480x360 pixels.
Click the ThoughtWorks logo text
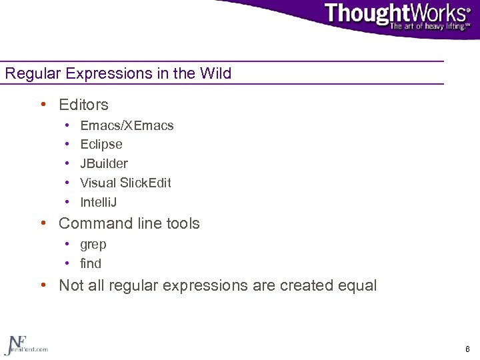[x=396, y=13]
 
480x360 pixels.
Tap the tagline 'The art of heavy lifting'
[x=430, y=27]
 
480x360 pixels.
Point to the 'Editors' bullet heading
[x=83, y=105]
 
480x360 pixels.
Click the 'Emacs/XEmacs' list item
[x=127, y=125]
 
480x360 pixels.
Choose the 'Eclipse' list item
[x=101, y=144]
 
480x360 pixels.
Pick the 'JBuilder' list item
[x=104, y=163]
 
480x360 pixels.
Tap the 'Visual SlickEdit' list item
[x=125, y=183]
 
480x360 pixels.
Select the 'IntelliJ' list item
[x=99, y=202]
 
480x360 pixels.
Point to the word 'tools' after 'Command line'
[x=181, y=223]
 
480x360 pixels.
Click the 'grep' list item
[x=93, y=245]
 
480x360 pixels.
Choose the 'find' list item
[x=91, y=263]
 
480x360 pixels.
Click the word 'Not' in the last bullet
[x=71, y=286]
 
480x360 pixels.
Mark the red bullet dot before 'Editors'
[x=43, y=105]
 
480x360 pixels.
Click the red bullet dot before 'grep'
[x=68, y=245]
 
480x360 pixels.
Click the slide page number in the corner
[x=467, y=349]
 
